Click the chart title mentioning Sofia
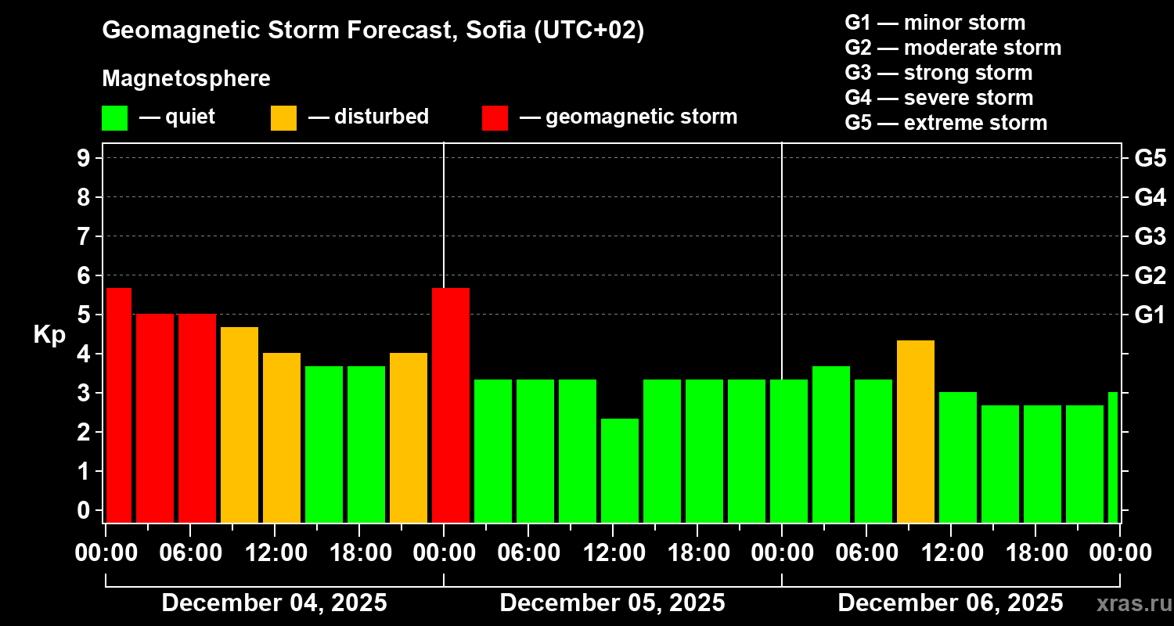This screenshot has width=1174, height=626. coord(373,31)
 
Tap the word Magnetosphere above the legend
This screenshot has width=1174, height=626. coord(186,79)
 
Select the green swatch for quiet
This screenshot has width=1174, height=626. coord(114,118)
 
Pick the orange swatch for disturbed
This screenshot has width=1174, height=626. coord(283,118)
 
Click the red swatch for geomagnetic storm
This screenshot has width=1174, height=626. coord(495,118)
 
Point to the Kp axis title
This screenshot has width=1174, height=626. coord(49,335)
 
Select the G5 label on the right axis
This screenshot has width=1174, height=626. coord(1150,158)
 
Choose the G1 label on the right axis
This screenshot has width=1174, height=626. coord(1150,315)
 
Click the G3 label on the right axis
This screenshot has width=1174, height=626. coord(1150,236)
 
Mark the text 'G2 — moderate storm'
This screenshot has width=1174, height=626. coord(953,48)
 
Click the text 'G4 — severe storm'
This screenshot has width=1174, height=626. coord(938,98)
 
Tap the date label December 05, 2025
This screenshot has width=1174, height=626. coord(612,603)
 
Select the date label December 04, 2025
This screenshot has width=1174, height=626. coord(274,603)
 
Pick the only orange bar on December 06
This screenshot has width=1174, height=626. coord(916,431)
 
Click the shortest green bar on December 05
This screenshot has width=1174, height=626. coord(620,470)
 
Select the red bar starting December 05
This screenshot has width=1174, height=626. coord(451,405)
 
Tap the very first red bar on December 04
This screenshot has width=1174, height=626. coord(119,405)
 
